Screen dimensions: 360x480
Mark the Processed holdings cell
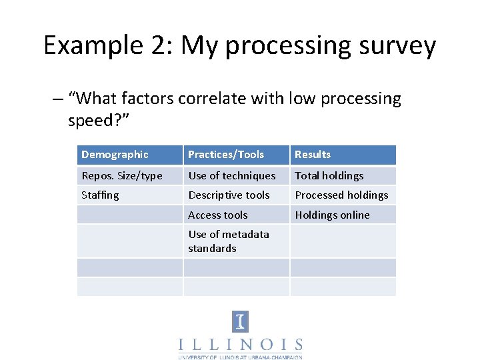pyautogui.click(x=341, y=195)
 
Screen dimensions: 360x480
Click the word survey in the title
pyautogui.click(x=394, y=46)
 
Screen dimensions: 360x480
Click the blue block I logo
pyautogui.click(x=240, y=322)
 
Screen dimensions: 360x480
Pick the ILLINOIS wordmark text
pyautogui.click(x=240, y=345)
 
